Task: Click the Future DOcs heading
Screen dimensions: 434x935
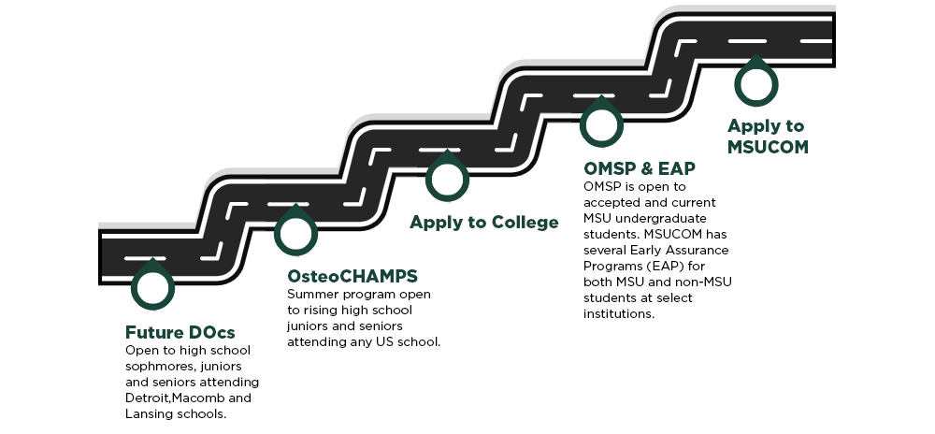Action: point(180,333)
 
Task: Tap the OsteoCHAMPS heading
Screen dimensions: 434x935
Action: point(352,277)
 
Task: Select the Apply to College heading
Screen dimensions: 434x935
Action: point(483,222)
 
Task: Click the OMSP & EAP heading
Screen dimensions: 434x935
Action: point(639,168)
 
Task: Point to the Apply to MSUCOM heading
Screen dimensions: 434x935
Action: point(767,137)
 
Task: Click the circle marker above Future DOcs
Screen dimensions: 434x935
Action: point(151,286)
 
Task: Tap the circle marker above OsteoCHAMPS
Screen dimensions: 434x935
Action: point(295,232)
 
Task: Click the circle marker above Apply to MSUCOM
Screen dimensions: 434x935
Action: point(755,83)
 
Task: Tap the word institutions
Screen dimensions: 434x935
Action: point(618,314)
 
